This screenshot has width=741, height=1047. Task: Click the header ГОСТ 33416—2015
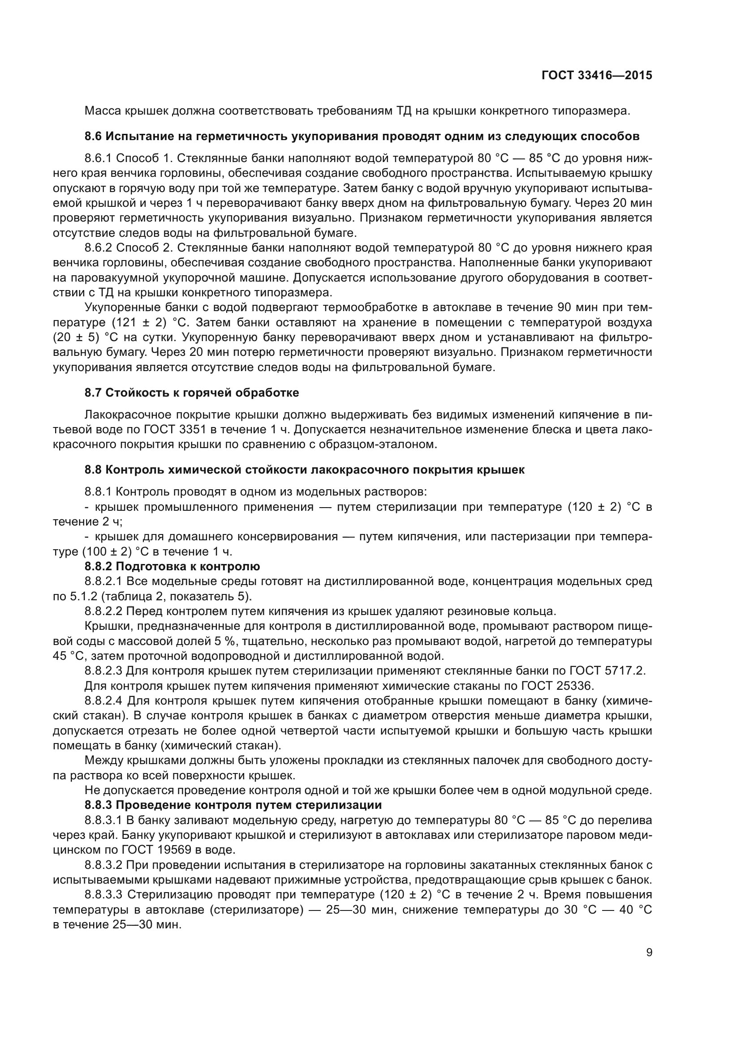(x=597, y=76)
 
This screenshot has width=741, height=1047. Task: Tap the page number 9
(x=649, y=953)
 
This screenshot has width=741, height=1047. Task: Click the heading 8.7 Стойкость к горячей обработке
(x=192, y=393)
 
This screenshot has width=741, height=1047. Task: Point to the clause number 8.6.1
(x=98, y=158)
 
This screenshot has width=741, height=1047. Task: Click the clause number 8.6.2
(x=98, y=248)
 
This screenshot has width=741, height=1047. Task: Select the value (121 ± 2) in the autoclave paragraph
(x=139, y=322)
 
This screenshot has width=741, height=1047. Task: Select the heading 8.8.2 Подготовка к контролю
(x=172, y=566)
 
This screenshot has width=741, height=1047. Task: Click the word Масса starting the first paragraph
(x=101, y=111)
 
